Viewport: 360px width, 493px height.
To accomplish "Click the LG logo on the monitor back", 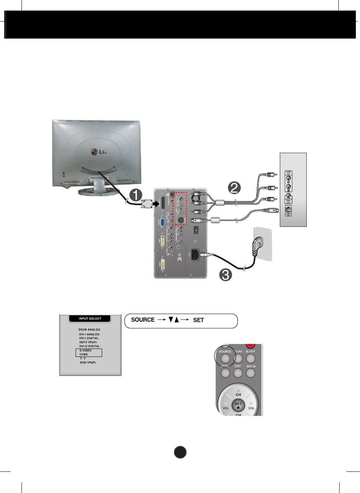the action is pos(99,152).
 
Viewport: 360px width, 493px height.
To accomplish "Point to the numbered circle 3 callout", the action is pos(225,274).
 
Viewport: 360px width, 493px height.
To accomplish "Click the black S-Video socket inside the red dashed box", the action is pos(181,220).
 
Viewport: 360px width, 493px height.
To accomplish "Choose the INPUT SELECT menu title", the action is pos(90,319).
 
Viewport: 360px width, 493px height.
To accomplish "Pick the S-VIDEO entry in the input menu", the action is pos(85,350).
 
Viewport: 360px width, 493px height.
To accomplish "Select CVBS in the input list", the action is pos(84,355).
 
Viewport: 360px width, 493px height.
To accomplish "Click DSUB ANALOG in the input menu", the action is pos(89,330).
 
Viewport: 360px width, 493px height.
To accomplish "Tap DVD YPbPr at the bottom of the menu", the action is pos(88,363).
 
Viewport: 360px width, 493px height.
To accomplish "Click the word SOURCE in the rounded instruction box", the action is pos(143,320).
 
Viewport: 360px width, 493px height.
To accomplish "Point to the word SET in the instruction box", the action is pos(198,320).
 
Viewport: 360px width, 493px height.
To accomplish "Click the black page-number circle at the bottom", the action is pos(181,452).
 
